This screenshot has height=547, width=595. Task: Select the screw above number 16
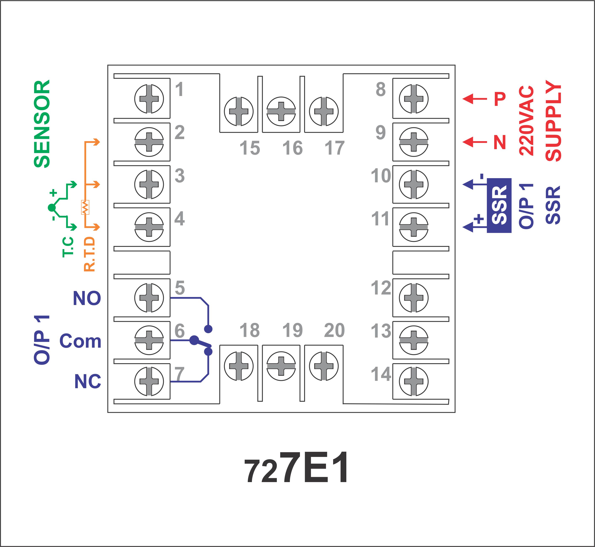[281, 111]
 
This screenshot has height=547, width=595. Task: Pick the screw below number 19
[281, 366]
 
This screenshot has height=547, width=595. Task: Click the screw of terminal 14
[414, 381]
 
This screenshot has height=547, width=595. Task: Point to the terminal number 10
[381, 176]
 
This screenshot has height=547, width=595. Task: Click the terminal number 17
[335, 148]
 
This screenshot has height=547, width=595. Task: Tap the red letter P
[500, 99]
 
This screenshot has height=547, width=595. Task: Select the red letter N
[500, 142]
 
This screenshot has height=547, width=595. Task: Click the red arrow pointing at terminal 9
[475, 142]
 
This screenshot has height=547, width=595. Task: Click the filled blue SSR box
[499, 205]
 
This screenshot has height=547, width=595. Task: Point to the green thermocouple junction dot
[52, 208]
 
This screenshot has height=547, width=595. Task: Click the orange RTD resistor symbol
[85, 207]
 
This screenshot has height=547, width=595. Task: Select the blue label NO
[87, 298]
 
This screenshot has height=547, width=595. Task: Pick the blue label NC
[88, 381]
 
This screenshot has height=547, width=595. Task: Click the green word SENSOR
[42, 124]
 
